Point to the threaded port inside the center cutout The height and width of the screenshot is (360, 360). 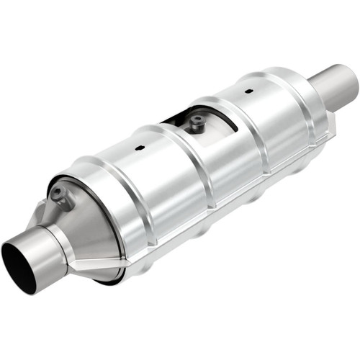195,124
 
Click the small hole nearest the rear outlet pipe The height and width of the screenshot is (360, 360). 248,92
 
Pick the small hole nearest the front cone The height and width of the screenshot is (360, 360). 139,151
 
